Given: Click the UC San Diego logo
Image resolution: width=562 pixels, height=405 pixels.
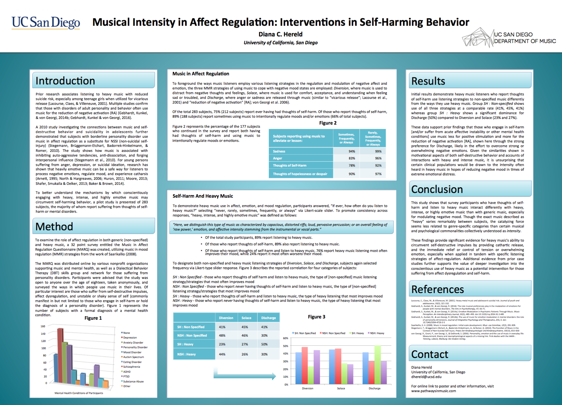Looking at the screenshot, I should (x=46, y=23).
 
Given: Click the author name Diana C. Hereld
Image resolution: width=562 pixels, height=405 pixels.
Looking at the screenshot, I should (x=280, y=34).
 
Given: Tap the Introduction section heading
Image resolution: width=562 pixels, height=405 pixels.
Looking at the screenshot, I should (x=65, y=81).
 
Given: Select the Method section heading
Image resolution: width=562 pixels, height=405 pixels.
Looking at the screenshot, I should (x=54, y=226).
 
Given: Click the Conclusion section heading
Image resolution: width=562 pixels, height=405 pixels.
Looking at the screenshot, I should (x=437, y=189).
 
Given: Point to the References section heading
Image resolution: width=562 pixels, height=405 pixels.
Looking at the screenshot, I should (x=437, y=289).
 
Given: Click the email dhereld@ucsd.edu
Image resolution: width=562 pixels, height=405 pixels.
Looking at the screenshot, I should (x=426, y=377).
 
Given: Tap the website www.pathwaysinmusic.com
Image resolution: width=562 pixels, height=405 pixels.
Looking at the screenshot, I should (x=433, y=391).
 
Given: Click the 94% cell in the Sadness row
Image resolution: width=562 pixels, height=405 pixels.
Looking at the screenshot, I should (x=352, y=151).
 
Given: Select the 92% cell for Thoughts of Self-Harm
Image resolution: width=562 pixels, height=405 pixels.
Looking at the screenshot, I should (x=378, y=165).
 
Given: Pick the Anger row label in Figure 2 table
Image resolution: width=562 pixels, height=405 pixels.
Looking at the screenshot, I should (x=278, y=158).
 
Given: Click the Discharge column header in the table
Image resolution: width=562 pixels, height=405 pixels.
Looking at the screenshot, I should (x=268, y=318).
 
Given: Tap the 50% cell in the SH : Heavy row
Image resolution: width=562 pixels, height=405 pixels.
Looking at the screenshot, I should (x=264, y=344).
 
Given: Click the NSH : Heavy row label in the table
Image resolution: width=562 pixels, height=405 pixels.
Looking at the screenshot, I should (x=186, y=354).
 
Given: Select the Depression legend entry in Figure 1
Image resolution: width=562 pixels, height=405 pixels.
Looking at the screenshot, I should (x=130, y=338).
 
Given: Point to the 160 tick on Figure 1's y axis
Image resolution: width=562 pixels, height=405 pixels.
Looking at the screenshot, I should (x=43, y=326).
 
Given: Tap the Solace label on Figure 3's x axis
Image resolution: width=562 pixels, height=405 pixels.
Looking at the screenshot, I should (x=341, y=388).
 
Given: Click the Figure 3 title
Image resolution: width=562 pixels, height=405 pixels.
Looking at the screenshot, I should (x=316, y=317).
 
